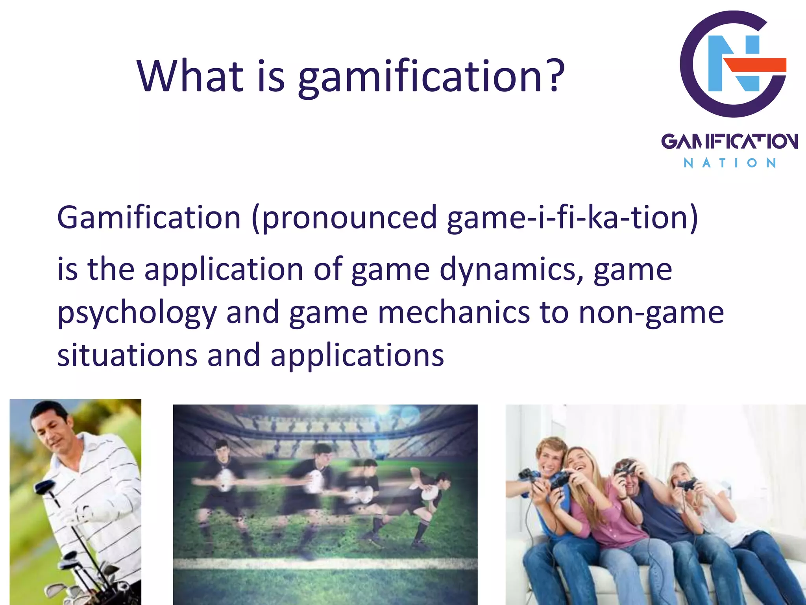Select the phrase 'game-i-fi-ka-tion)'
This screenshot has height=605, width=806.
tap(573, 217)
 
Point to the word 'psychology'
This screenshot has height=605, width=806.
tap(137, 314)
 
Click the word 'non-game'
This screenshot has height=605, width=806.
tap(651, 314)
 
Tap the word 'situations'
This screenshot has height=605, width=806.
tap(127, 355)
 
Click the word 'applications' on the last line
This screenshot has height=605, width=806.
tap(357, 356)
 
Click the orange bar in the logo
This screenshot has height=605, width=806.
tap(756, 65)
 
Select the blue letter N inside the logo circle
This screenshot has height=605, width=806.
tap(732, 63)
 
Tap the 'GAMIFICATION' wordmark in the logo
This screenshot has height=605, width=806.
tap(729, 141)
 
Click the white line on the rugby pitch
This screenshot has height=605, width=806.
tap(325, 563)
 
